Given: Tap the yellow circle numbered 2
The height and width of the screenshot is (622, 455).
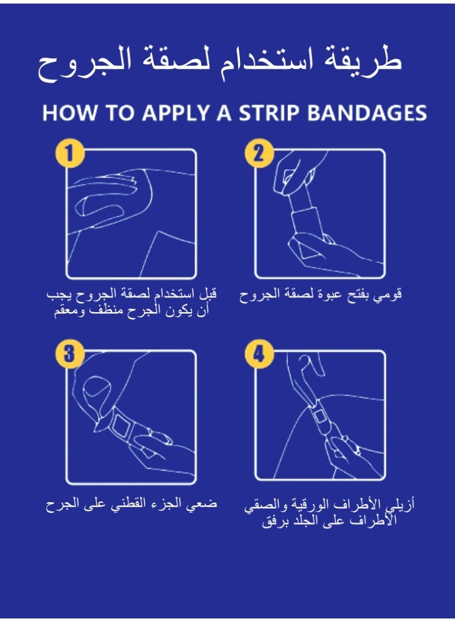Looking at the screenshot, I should [x=259, y=154].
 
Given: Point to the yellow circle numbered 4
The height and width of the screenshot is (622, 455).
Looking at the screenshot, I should [x=259, y=355].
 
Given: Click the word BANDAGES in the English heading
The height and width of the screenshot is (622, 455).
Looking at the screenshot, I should [x=369, y=114].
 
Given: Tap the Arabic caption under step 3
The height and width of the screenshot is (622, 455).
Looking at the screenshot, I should [x=132, y=504].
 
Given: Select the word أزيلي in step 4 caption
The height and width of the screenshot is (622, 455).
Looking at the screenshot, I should [x=403, y=506].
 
